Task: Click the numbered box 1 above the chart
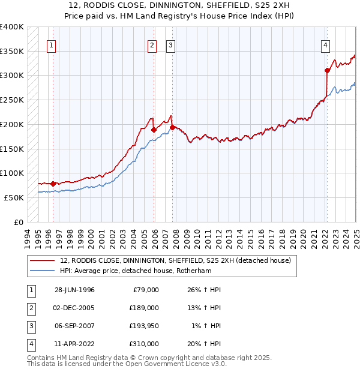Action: [51, 45]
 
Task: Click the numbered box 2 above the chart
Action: [152, 45]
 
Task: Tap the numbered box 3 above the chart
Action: [170, 45]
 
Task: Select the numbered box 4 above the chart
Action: [325, 45]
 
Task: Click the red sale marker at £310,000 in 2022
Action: [327, 70]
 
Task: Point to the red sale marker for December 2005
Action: [154, 130]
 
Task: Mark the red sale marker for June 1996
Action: [53, 184]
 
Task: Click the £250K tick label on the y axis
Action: [12, 100]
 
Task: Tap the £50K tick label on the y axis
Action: [14, 197]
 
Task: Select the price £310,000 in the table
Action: [145, 344]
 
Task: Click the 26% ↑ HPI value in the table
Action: [206, 290]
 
